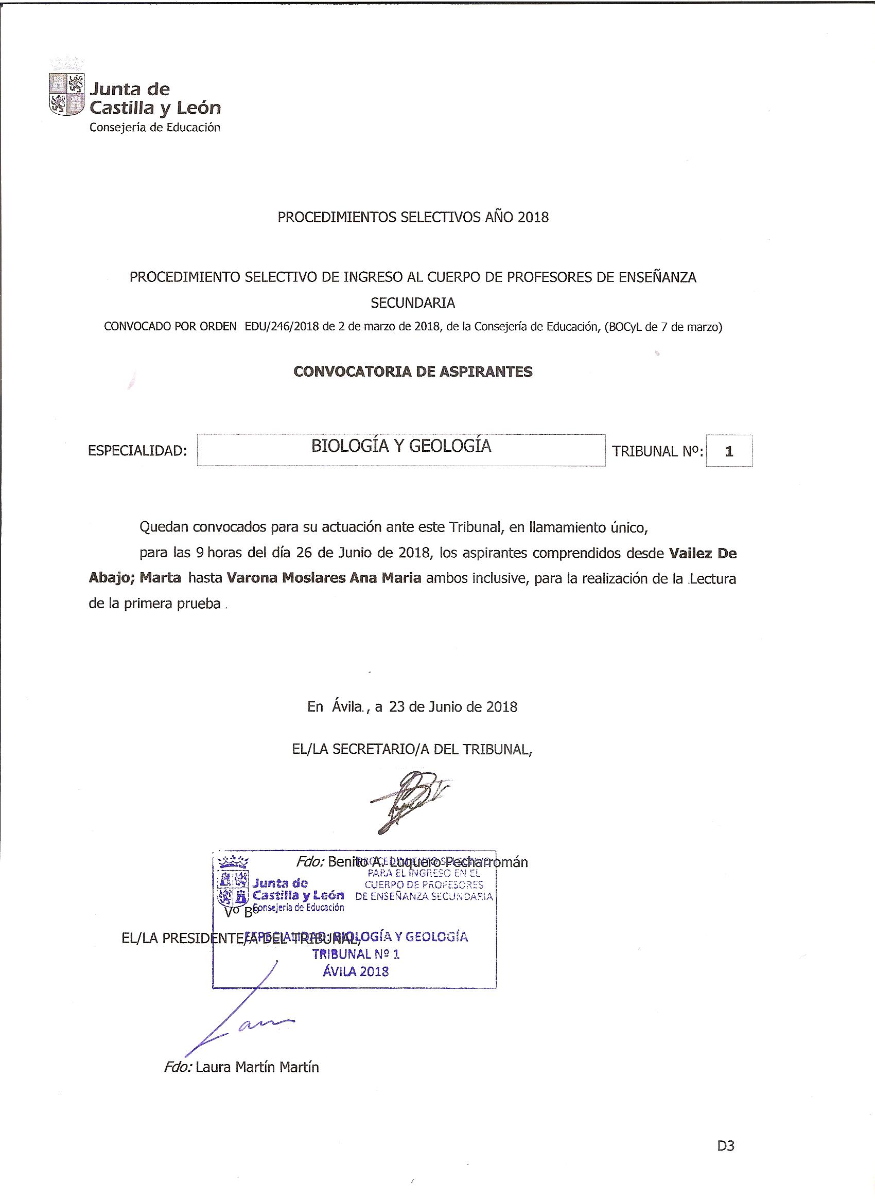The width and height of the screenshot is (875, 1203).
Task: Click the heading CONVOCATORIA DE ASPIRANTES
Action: pyautogui.click(x=413, y=372)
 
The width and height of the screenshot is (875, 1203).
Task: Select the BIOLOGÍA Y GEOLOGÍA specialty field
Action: pyautogui.click(x=400, y=450)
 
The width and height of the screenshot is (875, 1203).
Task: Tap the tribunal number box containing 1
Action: pyautogui.click(x=728, y=451)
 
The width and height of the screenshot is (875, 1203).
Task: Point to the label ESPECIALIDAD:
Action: pyautogui.click(x=137, y=451)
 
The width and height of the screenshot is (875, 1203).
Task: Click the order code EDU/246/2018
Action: pyautogui.click(x=282, y=327)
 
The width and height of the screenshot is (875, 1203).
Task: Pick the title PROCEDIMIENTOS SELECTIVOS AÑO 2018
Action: pyautogui.click(x=413, y=217)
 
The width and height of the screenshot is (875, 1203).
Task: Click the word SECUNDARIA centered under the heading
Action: pyautogui.click(x=413, y=303)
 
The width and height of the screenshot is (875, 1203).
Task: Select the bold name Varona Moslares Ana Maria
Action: pyautogui.click(x=324, y=578)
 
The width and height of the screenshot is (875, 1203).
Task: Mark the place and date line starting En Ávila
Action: pyautogui.click(x=412, y=706)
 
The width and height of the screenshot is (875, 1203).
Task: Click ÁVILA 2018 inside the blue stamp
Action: pyautogui.click(x=356, y=971)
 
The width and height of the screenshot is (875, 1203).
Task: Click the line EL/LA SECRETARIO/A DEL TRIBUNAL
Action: pyautogui.click(x=412, y=749)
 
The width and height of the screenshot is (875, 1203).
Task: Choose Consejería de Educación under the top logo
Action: pyautogui.click(x=154, y=127)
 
